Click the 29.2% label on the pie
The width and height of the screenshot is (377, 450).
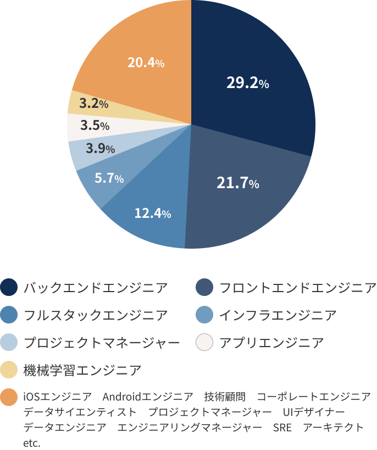pyautogui.click(x=247, y=83)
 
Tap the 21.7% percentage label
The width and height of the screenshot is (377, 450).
pyautogui.click(x=237, y=184)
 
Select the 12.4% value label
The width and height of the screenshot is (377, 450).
pyautogui.click(x=153, y=213)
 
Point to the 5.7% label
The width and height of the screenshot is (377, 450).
pyautogui.click(x=109, y=178)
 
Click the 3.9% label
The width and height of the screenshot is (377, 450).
pyautogui.click(x=100, y=148)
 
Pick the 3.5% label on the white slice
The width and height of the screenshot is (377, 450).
pyautogui.click(x=95, y=125)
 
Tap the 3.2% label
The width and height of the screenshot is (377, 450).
pyautogui.click(x=93, y=103)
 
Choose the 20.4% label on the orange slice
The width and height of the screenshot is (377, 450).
pyautogui.click(x=146, y=63)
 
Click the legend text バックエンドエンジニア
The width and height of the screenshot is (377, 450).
pyautogui.click(x=96, y=287)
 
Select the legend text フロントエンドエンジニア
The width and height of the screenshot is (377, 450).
pyautogui.click(x=297, y=287)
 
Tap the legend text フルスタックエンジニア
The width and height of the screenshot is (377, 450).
pyautogui.click(x=96, y=315)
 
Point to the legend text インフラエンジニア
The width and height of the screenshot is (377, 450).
pyautogui.click(x=278, y=315)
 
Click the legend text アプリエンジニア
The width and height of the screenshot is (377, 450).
pyautogui.click(x=271, y=343)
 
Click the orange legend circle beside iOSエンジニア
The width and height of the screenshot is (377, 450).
pyautogui.click(x=9, y=398)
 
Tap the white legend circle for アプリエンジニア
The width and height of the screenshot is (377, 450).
pyautogui.click(x=205, y=343)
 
